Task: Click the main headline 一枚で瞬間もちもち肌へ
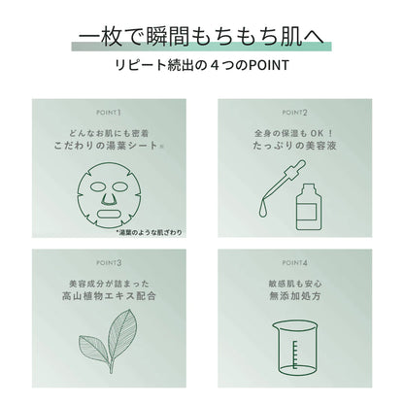pos(201,37)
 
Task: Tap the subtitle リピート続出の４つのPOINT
pos(201,70)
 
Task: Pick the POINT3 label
pos(106,262)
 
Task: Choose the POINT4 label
pos(297,262)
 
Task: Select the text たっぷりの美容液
pos(297,151)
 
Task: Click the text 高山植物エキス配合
pos(106,302)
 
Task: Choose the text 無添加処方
pos(297,302)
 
